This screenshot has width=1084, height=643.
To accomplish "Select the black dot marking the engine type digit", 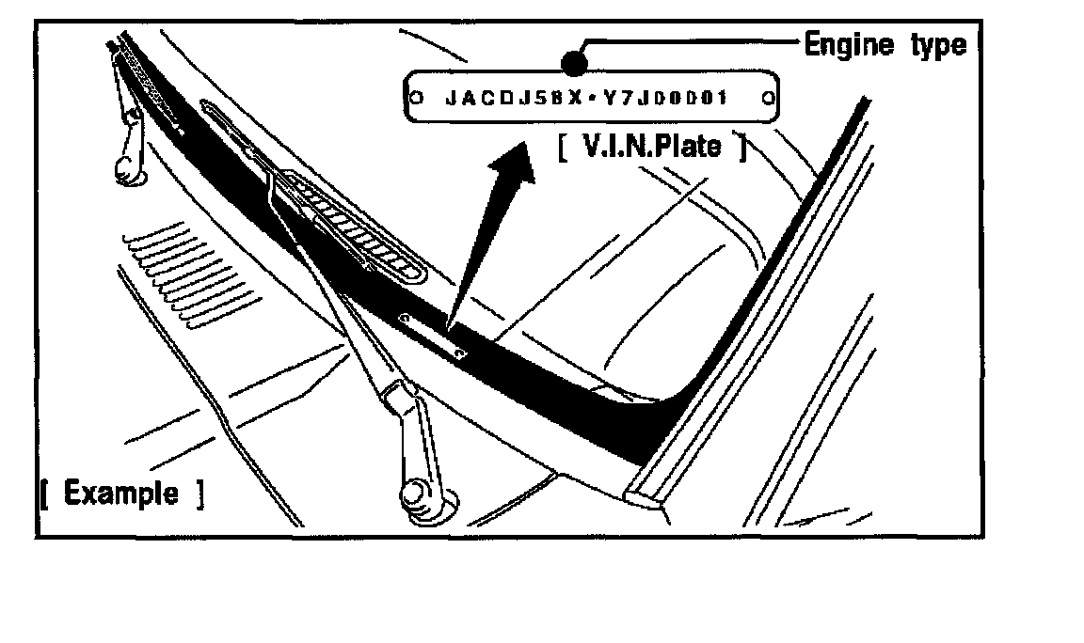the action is [573, 63].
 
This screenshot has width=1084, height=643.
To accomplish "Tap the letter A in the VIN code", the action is [467, 97].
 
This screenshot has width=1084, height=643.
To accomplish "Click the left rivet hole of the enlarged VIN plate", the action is [416, 97].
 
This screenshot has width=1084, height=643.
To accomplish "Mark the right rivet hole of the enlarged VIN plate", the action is [768, 96].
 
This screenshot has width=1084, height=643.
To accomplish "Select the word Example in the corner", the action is [120, 493].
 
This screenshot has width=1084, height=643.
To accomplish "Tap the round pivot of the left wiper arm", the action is [125, 169].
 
